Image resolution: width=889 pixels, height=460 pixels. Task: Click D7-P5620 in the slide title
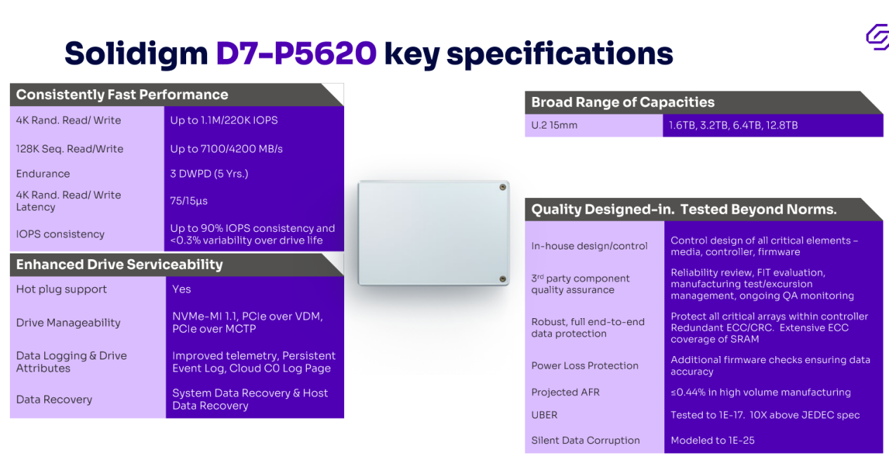click(x=296, y=53)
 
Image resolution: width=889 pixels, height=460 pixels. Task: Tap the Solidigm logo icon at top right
click(x=878, y=37)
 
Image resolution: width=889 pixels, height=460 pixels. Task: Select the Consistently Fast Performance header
click(x=122, y=95)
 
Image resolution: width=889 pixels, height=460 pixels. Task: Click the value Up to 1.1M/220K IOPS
click(x=224, y=120)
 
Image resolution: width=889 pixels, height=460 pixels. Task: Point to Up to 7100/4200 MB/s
click(x=226, y=149)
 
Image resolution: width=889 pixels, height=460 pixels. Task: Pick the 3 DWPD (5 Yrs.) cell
click(x=209, y=174)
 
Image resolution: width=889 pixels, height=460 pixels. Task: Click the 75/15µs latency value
click(x=189, y=201)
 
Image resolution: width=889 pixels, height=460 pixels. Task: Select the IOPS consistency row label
click(x=60, y=234)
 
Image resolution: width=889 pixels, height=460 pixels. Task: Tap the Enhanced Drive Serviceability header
click(x=119, y=264)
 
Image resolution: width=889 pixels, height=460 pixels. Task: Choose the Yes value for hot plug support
click(x=181, y=289)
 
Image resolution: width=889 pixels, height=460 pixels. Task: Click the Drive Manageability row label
click(x=68, y=322)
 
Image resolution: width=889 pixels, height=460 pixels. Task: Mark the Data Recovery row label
click(x=54, y=400)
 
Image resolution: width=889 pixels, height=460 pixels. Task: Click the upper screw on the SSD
click(x=503, y=187)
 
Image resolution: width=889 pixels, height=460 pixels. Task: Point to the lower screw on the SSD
click(x=503, y=279)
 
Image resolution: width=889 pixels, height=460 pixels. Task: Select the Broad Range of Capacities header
click(x=623, y=102)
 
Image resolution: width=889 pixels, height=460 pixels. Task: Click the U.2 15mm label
click(x=554, y=126)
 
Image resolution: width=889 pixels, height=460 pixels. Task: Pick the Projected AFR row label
click(x=565, y=392)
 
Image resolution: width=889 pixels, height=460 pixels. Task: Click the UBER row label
click(x=544, y=415)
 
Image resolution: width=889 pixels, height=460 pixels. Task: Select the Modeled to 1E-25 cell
click(x=712, y=440)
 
